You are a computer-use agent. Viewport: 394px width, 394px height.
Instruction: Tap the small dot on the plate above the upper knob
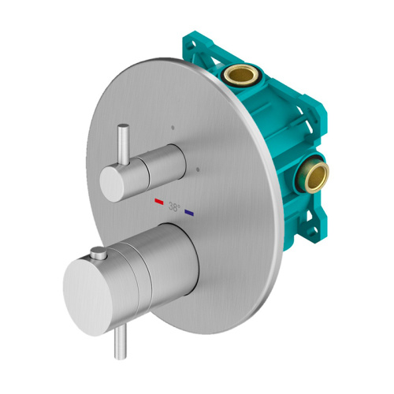(x=170, y=125)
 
